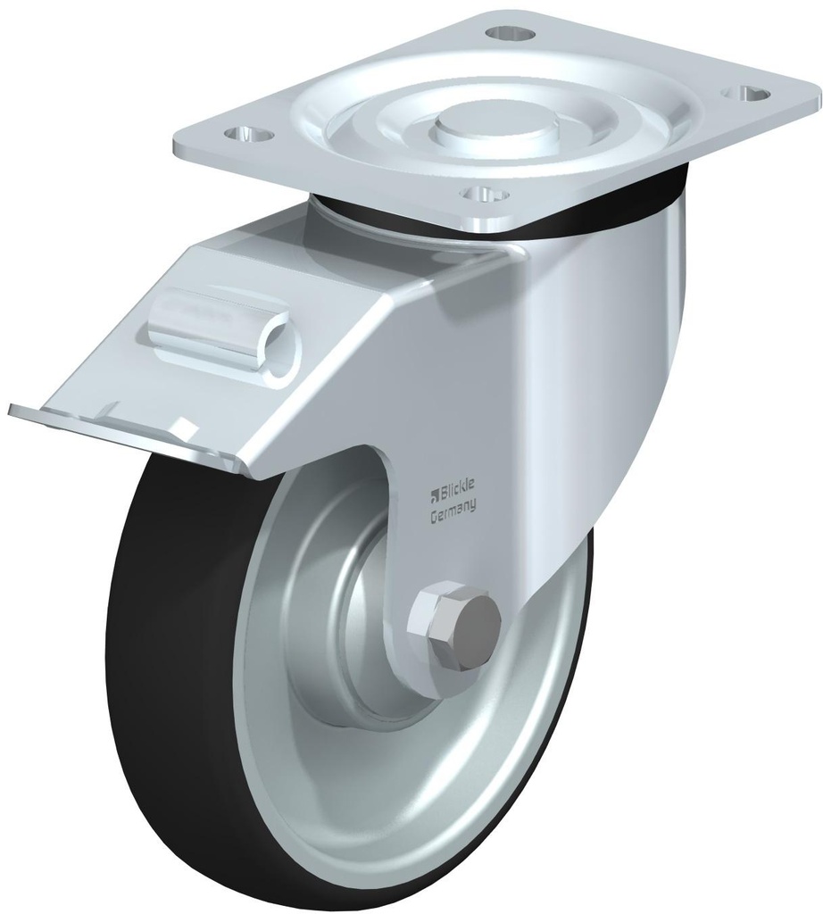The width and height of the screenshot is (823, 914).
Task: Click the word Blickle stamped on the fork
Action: tap(458, 486)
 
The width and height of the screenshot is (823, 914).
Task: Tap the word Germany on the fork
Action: tap(453, 505)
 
